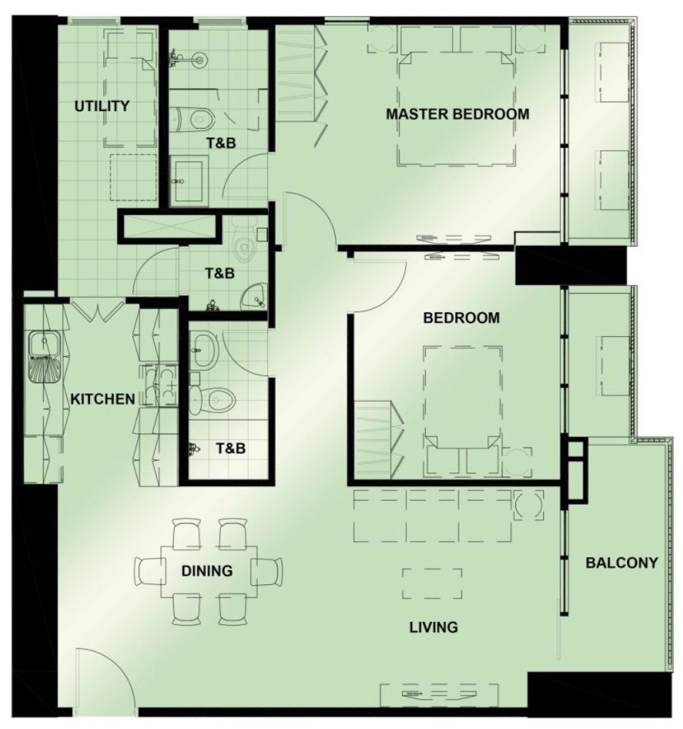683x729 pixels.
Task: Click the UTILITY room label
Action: click(102, 106)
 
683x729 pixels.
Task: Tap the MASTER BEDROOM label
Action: click(457, 114)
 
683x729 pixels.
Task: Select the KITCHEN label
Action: click(103, 399)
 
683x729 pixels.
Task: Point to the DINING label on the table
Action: click(207, 571)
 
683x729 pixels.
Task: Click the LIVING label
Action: click(434, 627)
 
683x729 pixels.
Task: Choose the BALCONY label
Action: click(622, 563)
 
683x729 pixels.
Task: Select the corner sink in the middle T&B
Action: click(254, 296)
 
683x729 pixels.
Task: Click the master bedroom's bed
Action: click(456, 108)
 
